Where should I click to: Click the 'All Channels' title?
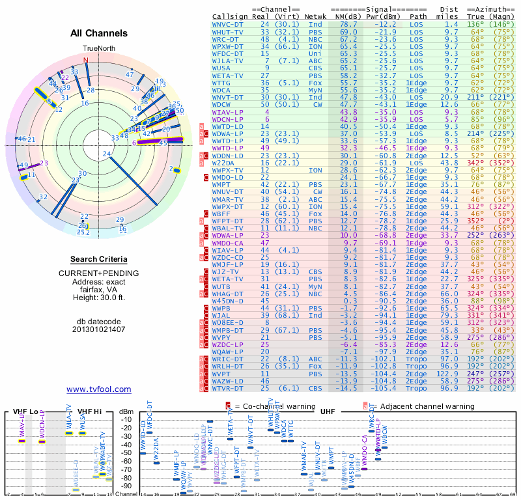tap(98, 33)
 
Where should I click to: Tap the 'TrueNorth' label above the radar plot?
tap(98, 49)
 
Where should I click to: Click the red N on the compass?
tap(85, 59)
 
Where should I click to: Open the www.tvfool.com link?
tap(98, 389)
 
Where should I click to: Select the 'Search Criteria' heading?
tap(98, 259)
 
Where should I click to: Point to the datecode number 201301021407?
tap(98, 329)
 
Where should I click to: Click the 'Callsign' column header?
tap(230, 16)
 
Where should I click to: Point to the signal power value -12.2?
tap(382, 24)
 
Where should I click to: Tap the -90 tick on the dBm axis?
tap(127, 486)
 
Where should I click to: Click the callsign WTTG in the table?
tap(221, 83)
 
